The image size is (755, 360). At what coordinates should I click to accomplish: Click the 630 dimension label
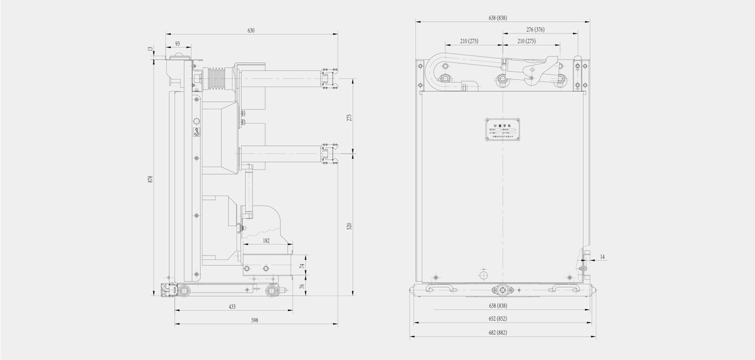250,30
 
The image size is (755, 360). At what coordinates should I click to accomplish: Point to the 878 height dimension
150,179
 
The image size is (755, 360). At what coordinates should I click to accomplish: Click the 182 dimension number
266,240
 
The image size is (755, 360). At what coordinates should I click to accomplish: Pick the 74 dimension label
301,266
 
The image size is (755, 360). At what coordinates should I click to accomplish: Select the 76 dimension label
301,286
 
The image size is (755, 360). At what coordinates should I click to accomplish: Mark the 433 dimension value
232,307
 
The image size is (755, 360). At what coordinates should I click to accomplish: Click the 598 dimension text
254,320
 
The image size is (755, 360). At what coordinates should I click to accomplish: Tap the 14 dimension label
601,257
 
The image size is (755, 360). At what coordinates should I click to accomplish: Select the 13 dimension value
150,49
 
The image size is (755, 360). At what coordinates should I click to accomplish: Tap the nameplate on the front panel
502,129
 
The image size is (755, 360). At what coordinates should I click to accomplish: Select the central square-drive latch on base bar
502,290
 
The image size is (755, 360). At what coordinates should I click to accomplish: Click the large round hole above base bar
484,275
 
